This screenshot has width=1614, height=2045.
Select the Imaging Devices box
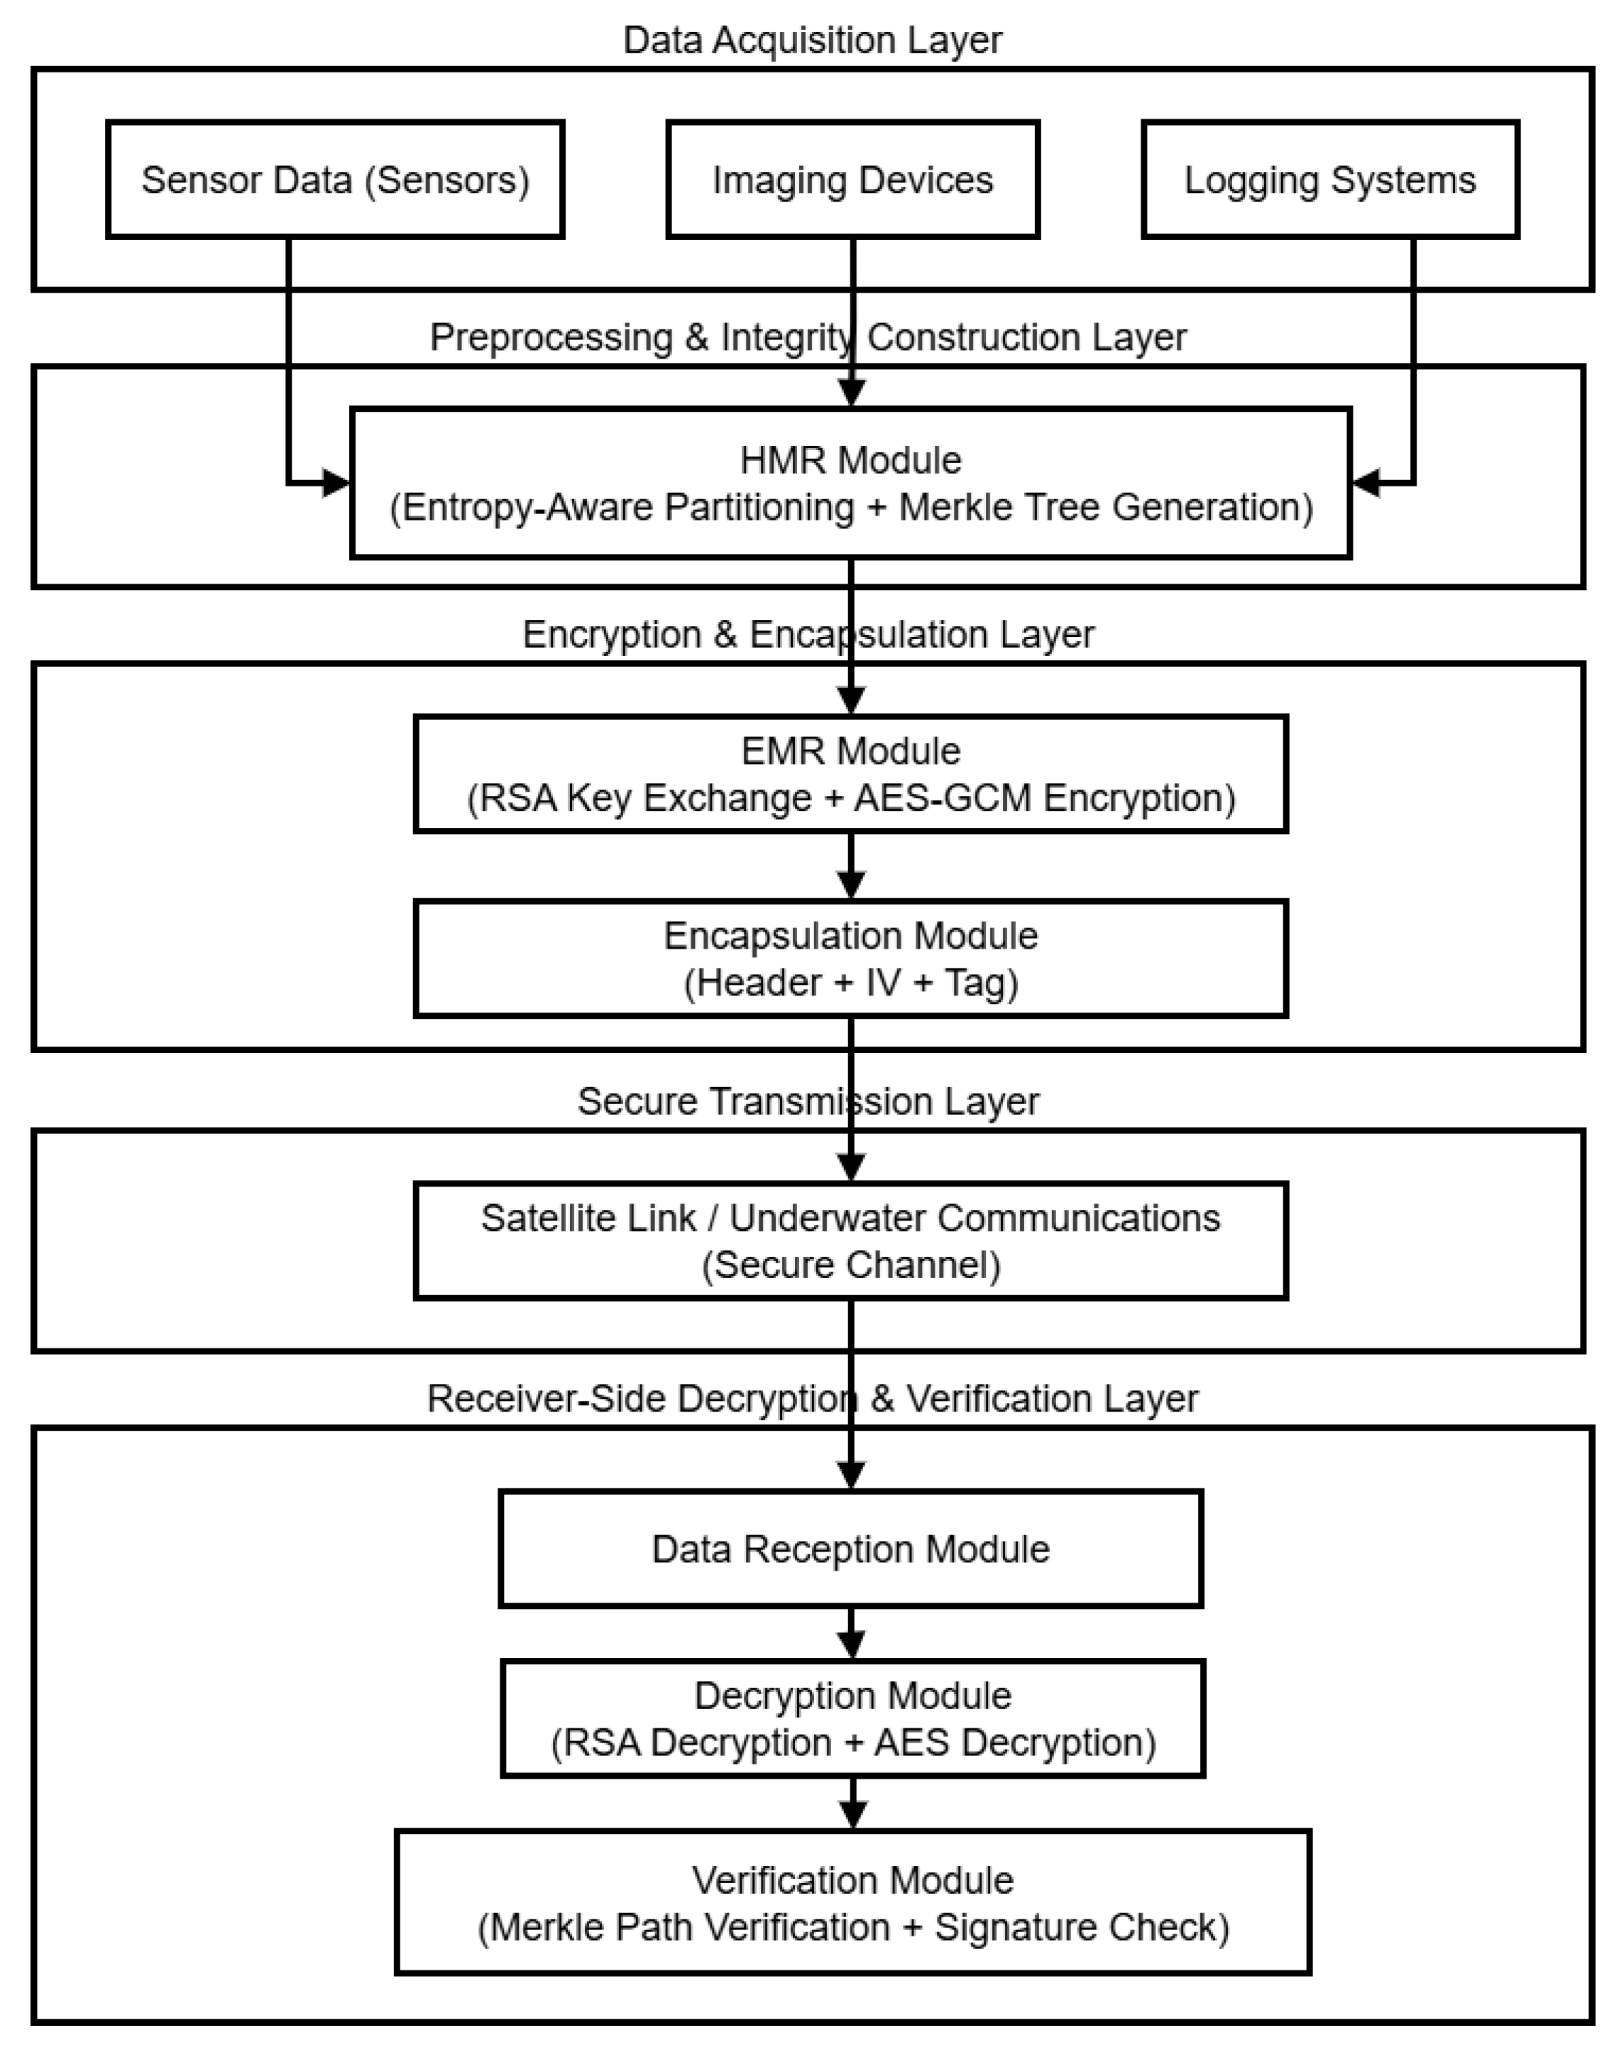pos(852,180)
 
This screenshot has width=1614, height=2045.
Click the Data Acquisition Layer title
pos(812,40)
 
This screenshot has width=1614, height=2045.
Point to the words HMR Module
pos(850,460)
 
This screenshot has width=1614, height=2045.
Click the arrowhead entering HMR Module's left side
pos(336,483)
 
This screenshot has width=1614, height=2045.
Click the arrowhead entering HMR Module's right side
pos(1366,483)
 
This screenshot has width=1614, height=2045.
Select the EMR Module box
pos(850,773)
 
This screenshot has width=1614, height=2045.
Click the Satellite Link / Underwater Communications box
pos(850,1240)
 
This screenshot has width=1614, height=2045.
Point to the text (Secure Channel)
pos(850,1265)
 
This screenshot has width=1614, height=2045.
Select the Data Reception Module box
pos(850,1549)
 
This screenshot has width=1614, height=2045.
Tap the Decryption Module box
pos(852,1719)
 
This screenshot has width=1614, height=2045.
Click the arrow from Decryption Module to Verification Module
pos(853,1804)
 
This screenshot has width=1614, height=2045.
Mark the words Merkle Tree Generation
pos(1106,508)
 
